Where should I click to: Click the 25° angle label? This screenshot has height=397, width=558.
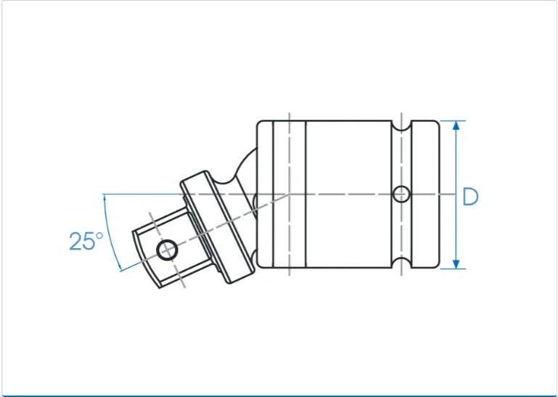pos(86,241)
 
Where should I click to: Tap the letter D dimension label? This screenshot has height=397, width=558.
pos(470,197)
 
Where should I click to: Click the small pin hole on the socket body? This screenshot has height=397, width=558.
pos(401,194)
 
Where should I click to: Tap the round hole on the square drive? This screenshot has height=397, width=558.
pos(167,250)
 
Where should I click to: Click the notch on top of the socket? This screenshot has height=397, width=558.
pos(401,126)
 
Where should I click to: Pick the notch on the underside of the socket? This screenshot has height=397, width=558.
pos(401,263)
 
